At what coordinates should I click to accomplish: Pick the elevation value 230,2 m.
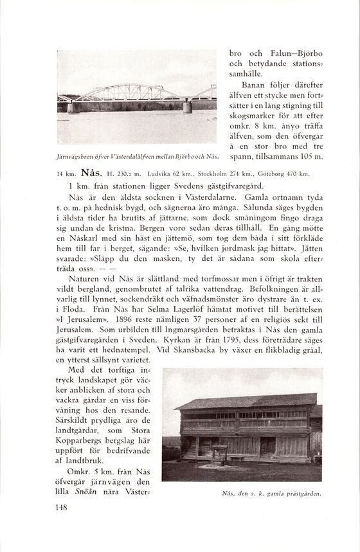coord(133,174)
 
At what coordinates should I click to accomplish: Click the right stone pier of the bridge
coord(187,107)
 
